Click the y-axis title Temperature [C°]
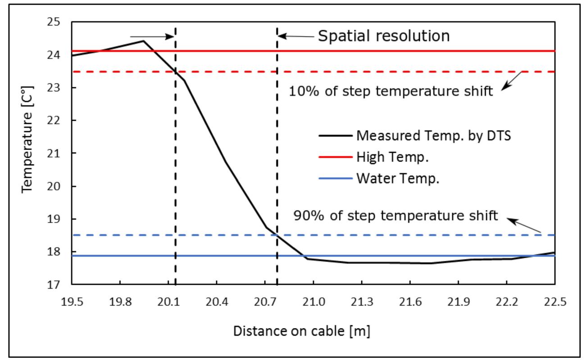[x=28, y=153]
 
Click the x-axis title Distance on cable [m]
[x=301, y=331]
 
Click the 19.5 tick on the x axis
[x=72, y=301]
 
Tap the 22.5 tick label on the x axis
[x=554, y=301]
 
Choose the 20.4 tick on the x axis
[x=217, y=301]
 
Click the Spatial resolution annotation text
[x=384, y=36]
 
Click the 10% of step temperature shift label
[x=391, y=91]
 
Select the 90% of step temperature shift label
[x=396, y=215]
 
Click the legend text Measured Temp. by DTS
[x=433, y=135]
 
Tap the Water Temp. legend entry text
[x=397, y=178]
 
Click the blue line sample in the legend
[x=335, y=179]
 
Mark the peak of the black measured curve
[x=143, y=41]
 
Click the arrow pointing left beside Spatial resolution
[x=295, y=36]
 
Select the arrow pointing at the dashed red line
[x=511, y=81]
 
